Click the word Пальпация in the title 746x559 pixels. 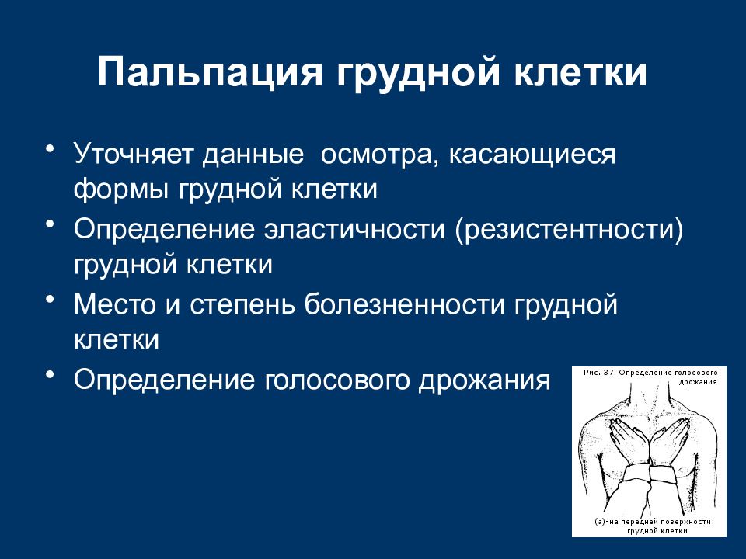(x=211, y=72)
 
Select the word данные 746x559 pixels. (x=253, y=155)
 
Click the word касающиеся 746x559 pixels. (x=532, y=156)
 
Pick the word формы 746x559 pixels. (x=121, y=190)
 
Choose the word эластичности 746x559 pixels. (x=355, y=229)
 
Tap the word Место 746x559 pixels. (x=115, y=304)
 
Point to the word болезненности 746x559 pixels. (x=404, y=304)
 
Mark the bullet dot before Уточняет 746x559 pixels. (x=49, y=149)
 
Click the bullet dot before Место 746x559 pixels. (x=49, y=299)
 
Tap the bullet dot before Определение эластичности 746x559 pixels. (x=49, y=224)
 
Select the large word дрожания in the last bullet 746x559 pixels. (x=484, y=381)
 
